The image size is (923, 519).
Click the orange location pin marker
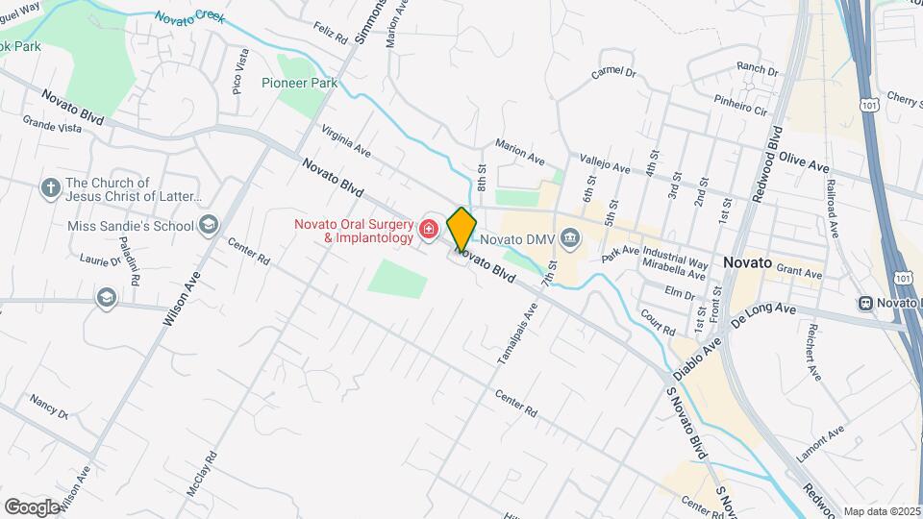click(x=461, y=229)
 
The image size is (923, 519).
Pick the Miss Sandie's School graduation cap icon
click(x=208, y=226)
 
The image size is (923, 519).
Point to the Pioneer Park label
click(x=300, y=84)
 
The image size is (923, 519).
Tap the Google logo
click(x=32, y=507)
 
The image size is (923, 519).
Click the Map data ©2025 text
click(x=882, y=511)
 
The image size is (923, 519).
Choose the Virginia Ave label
click(x=347, y=144)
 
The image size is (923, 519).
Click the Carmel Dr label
click(x=615, y=72)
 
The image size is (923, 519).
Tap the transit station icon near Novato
click(x=865, y=303)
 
